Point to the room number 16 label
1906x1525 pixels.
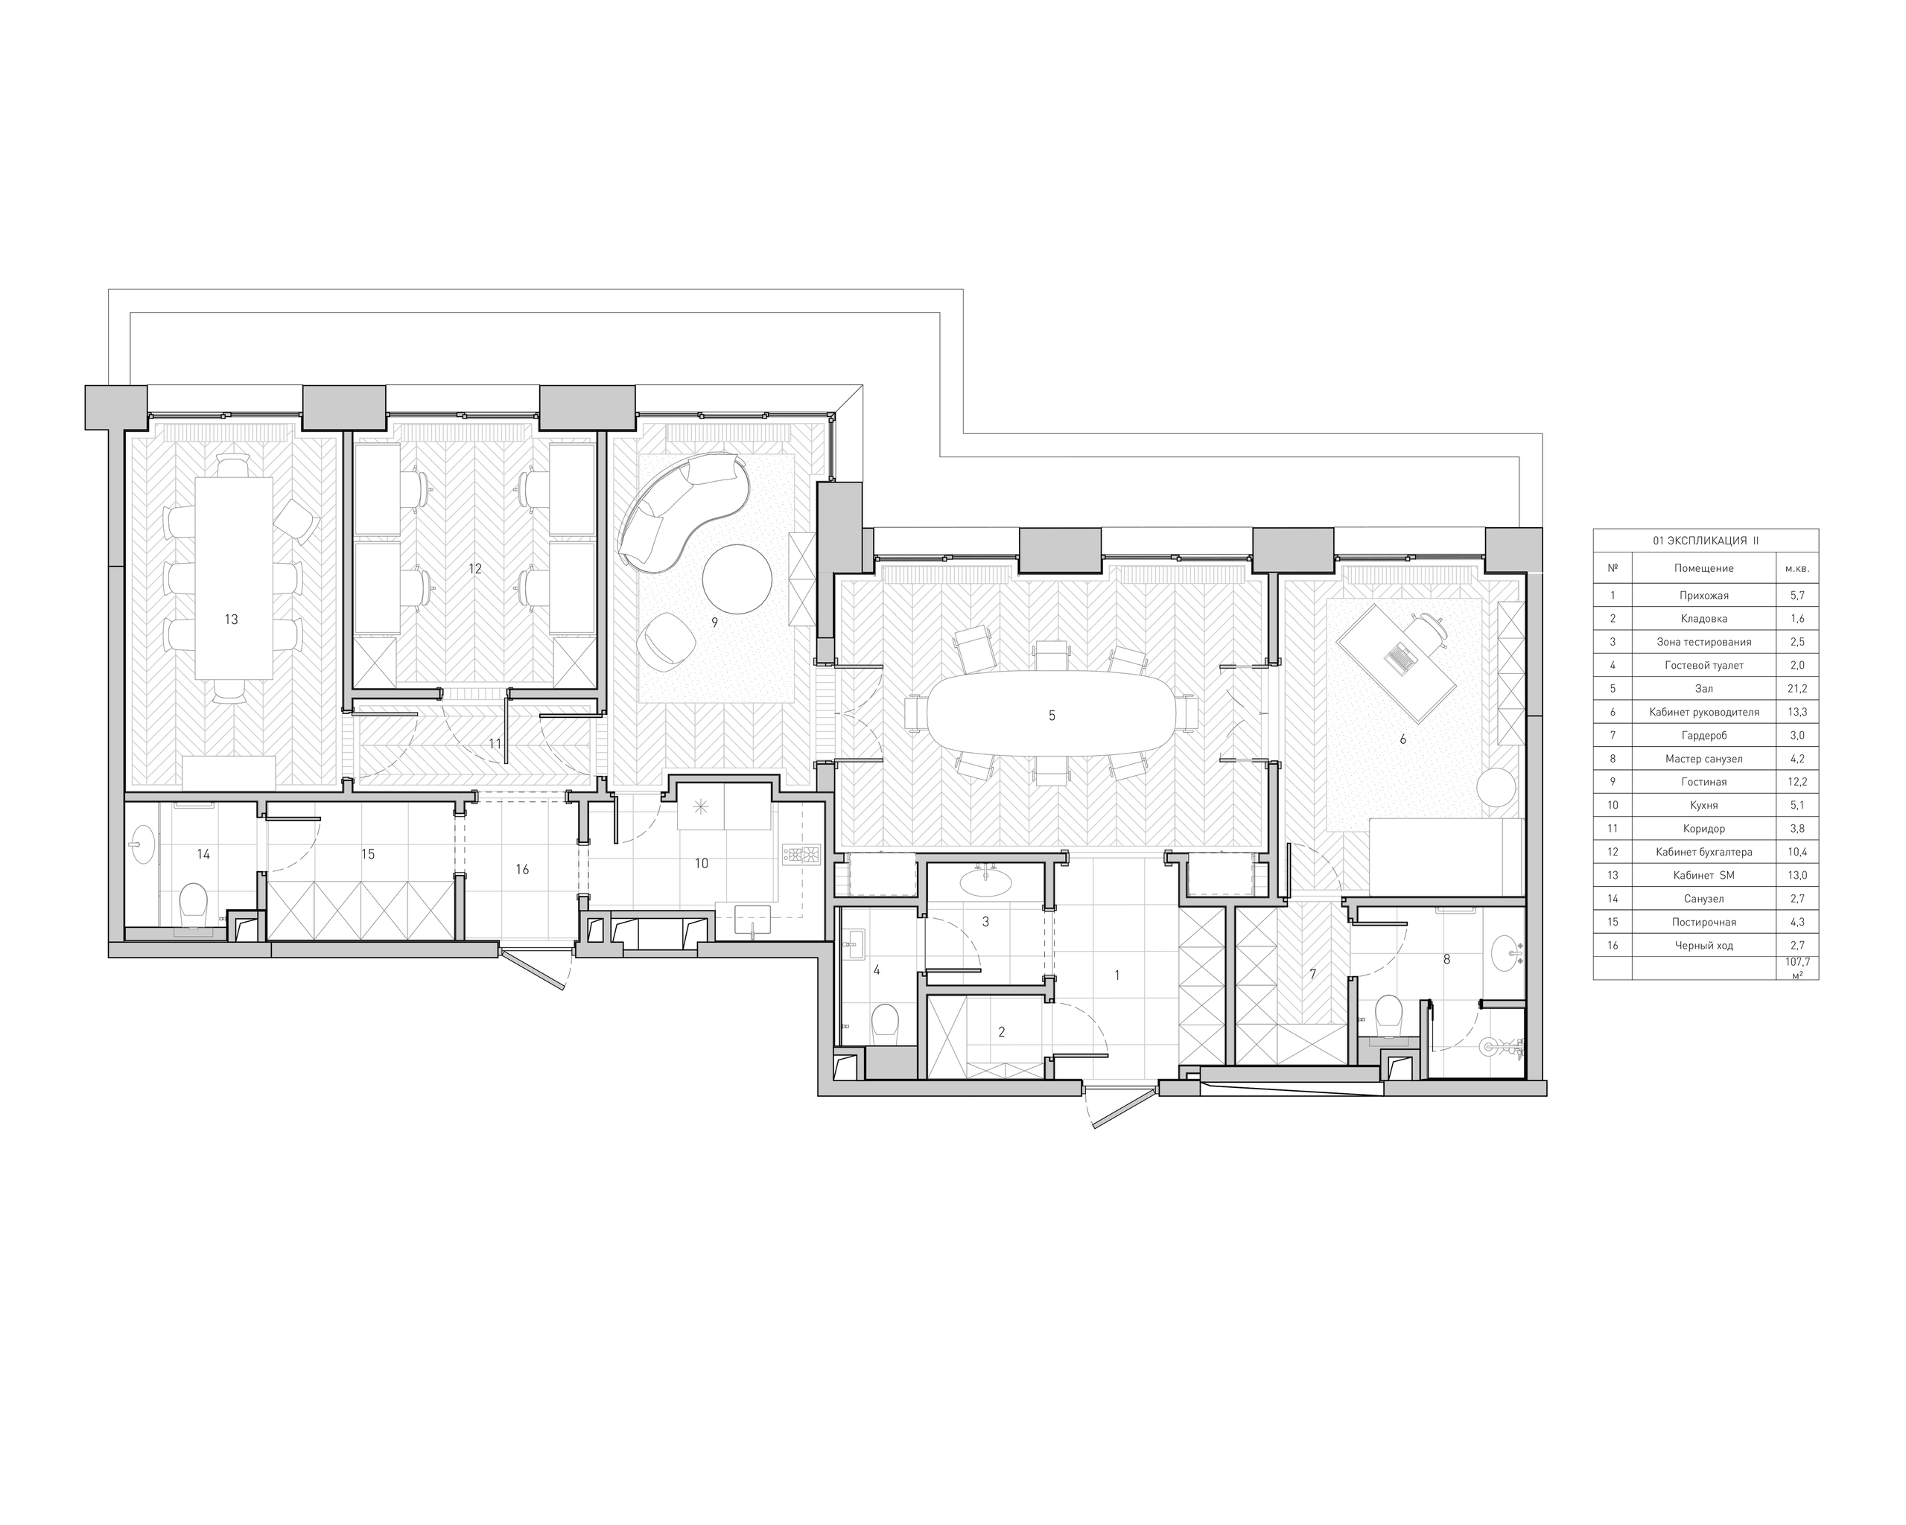521,870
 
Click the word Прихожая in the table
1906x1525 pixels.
1703,596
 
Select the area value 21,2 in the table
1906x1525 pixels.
1797,689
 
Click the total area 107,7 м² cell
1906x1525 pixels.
1797,967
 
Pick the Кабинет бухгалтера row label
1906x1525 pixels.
1703,853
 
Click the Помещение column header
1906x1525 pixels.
1703,568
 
